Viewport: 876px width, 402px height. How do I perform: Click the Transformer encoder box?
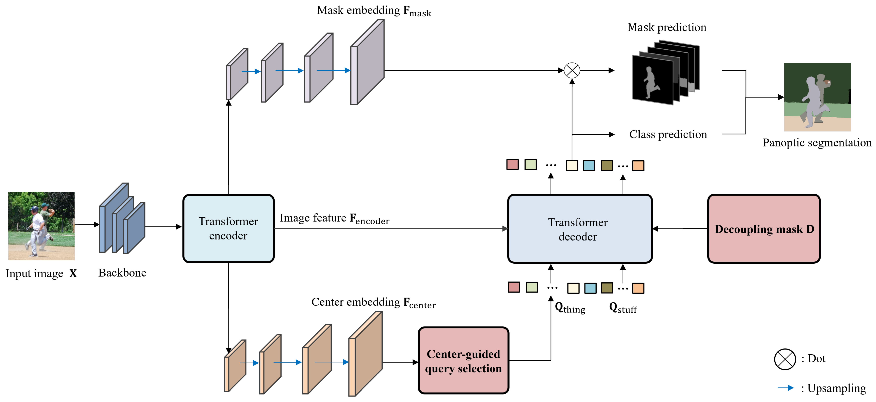(228, 229)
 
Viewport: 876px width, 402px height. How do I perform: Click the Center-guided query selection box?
(463, 361)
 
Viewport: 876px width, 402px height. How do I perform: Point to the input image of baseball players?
(41, 226)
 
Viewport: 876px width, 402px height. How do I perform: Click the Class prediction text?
(668, 135)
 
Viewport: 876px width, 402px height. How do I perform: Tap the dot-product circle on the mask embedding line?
(572, 71)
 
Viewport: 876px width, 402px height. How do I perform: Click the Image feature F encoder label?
(334, 219)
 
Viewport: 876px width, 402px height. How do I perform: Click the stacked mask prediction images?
(665, 73)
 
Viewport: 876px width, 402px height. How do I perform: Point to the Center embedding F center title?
(373, 303)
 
